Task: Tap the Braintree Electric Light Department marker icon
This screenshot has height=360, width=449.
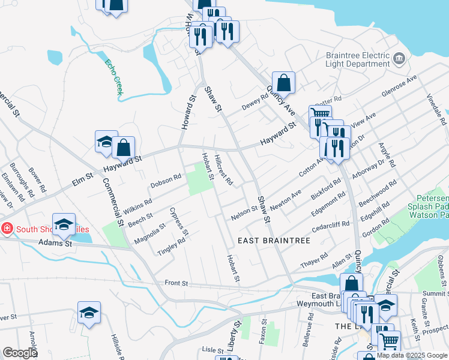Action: coord(400,59)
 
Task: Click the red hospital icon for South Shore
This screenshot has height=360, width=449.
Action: coord(6,229)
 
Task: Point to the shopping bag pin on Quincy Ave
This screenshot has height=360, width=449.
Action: coord(283,83)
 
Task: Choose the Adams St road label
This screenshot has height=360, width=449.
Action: coord(55,243)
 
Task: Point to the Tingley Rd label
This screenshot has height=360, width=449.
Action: coord(171,246)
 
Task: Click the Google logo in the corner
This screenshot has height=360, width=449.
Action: coord(20,353)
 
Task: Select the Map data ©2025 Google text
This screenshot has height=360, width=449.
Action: coord(412,355)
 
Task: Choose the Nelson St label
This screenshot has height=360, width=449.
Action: coord(245,212)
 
